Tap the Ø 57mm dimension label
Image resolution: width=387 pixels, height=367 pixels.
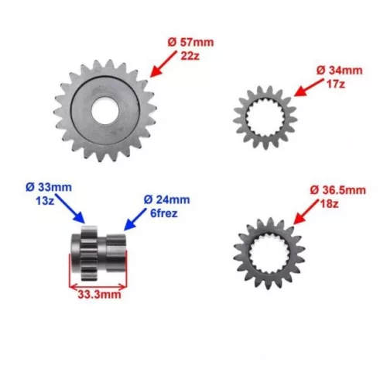coord(190,43)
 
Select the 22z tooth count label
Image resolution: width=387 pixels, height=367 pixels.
coord(190,56)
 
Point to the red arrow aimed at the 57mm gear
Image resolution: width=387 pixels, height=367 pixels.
coord(163,64)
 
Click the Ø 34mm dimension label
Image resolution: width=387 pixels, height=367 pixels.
coord(340,71)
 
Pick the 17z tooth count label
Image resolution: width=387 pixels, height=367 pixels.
coord(336,84)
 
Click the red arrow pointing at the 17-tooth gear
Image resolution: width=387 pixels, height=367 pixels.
coord(309,88)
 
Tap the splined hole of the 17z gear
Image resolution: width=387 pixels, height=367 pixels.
coord(265,118)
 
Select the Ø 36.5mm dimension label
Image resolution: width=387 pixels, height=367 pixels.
coord(338,190)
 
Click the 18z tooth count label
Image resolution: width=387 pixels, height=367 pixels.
coord(329,204)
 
